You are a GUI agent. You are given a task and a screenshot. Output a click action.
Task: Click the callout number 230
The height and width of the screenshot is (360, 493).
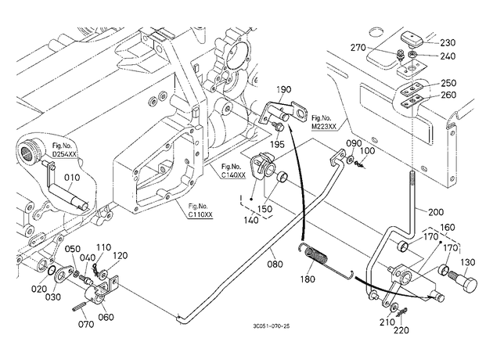coord(448,42)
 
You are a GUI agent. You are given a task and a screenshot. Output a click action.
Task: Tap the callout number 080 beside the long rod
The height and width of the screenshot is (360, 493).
coord(275,264)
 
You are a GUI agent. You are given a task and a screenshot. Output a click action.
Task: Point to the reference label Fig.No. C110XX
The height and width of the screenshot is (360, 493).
coord(200,211)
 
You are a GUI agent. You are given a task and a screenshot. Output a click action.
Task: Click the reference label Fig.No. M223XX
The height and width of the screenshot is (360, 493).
coord(324,122)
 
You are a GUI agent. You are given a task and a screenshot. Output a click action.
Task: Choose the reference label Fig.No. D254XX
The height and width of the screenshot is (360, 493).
coord(64,150)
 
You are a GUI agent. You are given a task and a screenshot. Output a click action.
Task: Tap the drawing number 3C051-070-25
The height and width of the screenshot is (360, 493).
coord(271,326)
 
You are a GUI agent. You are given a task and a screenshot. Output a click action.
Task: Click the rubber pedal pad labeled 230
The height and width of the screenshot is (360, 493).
coord(412,38)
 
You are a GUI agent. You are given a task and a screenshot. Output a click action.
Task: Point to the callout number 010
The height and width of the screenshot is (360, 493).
coord(72,178)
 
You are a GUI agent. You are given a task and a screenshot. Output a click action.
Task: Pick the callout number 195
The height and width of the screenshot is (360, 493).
coord(277,144)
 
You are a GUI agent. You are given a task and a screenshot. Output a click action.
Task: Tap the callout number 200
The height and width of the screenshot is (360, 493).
coord(436,212)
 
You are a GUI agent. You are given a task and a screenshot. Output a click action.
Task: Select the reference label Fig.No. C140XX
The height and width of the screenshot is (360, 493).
coord(233,171)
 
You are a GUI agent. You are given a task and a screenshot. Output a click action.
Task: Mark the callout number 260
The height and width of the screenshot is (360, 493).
coord(448,95)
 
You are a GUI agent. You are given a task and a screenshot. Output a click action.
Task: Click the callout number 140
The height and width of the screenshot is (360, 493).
coord(251,220)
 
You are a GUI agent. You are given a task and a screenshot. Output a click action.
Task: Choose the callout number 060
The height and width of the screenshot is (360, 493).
coord(106,317)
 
